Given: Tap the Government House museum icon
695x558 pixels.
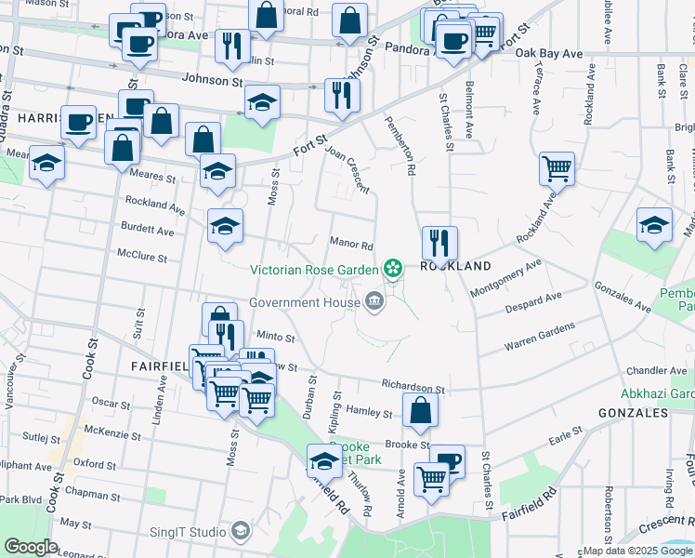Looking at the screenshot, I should (374, 300).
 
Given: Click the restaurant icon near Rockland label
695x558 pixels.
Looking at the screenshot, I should (439, 243).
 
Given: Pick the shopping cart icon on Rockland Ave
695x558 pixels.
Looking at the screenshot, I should (557, 168).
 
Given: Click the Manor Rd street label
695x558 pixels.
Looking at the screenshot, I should (351, 246).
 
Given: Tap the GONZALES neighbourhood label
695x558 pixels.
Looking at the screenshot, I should (634, 412).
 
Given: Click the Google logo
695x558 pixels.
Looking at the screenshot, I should (31, 547).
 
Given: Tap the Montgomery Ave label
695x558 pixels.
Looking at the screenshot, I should (505, 278).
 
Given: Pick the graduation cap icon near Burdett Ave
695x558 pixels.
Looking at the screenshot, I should (225, 227).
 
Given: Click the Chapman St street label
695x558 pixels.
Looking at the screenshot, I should (88, 494).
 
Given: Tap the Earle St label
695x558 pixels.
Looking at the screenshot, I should (565, 435).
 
